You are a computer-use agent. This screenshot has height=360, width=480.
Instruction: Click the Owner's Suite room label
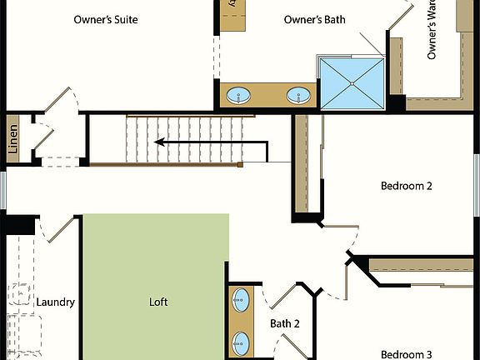(x=106, y=19)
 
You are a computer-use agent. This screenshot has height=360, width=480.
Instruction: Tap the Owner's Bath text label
(x=314, y=19)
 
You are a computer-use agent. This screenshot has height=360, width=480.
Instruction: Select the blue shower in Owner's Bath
(x=351, y=82)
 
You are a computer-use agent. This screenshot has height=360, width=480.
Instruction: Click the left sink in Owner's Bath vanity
(x=239, y=96)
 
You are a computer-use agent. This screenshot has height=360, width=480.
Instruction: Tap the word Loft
(x=158, y=302)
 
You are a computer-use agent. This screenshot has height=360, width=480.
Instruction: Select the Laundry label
(x=56, y=302)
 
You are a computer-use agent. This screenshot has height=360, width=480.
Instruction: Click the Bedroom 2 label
(x=406, y=186)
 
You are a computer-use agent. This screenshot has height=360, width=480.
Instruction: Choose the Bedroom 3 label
(x=406, y=353)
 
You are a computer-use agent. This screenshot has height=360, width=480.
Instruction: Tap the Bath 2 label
(x=284, y=323)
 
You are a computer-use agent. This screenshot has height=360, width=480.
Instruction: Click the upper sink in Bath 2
(x=241, y=297)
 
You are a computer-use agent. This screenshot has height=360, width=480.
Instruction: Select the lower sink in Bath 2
(x=241, y=341)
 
